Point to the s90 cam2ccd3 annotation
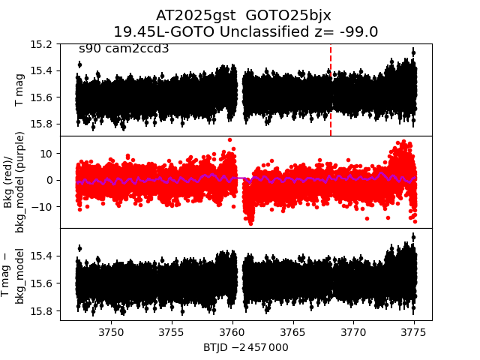point(124,49)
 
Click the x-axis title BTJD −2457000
point(245,347)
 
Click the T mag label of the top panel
point(19,90)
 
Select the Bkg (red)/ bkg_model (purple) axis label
point(15,181)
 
